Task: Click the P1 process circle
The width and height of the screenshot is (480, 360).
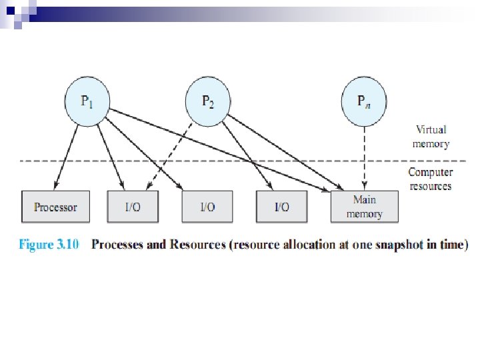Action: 87,101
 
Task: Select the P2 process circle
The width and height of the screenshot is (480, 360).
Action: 208,101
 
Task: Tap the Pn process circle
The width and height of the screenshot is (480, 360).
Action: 364,101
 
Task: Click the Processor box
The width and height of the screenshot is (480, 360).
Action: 55,207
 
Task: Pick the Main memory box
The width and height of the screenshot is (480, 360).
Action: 364,207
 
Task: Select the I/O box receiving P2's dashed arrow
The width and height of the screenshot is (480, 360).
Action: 133,207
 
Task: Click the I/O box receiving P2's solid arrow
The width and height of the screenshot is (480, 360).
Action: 281,207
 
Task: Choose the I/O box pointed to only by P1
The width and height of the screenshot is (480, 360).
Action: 207,207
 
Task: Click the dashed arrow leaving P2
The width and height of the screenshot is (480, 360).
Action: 169,156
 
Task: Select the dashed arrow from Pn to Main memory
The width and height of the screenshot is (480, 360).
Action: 364,158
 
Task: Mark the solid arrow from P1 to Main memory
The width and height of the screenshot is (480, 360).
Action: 219,150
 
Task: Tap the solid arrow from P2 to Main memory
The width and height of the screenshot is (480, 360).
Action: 285,152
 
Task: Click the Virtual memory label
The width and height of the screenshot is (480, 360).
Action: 431,137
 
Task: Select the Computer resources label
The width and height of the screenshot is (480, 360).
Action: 431,179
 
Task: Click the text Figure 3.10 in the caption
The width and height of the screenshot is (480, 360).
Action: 49,245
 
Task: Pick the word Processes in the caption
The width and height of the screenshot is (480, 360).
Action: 117,245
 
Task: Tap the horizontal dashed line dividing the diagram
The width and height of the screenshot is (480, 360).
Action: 243,161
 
